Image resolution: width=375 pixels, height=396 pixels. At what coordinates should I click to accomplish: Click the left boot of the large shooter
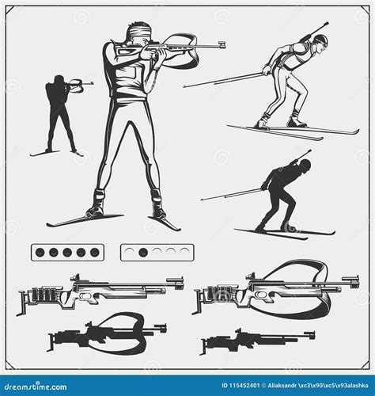tap(96, 205)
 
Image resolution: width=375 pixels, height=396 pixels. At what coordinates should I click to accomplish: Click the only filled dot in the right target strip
tap(143, 253)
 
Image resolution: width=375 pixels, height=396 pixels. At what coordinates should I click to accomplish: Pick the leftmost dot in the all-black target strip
tap(40, 253)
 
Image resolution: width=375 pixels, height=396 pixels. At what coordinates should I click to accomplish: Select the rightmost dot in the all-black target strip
tap(95, 253)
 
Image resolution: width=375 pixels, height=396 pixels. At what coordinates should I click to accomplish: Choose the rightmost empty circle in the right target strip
tap(184, 253)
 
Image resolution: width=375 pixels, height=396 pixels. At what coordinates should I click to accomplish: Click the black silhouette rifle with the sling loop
tap(107, 331)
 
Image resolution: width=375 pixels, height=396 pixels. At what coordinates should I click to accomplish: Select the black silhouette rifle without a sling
tap(253, 339)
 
